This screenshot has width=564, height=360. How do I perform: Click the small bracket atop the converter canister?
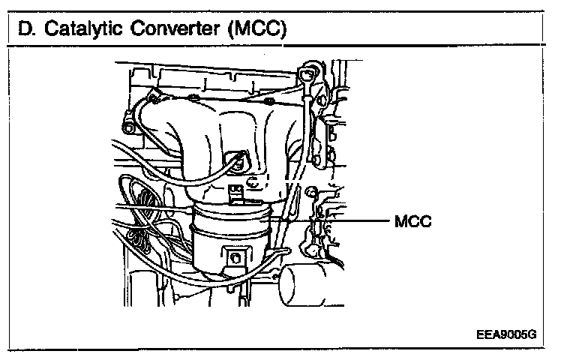[x=238, y=193]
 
